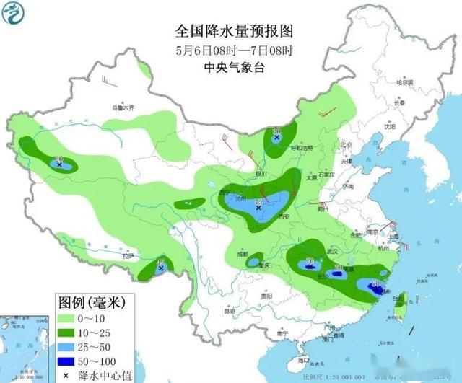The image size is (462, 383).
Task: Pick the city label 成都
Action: coord(241,255)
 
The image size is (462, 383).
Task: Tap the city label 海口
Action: coord(305,359)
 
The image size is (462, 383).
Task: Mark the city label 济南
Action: coord(349,187)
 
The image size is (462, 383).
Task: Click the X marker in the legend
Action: coord(65,374)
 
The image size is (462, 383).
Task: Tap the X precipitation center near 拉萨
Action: coord(161,268)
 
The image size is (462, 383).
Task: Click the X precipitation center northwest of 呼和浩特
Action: coord(277,136)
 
